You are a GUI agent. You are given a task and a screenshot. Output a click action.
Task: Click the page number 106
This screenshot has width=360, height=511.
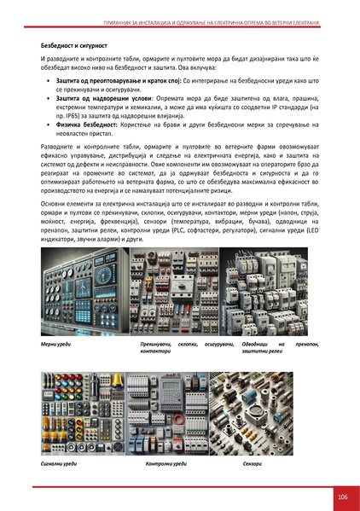tap(341, 496)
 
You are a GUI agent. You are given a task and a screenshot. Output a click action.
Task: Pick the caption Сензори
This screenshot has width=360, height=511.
tap(252, 463)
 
